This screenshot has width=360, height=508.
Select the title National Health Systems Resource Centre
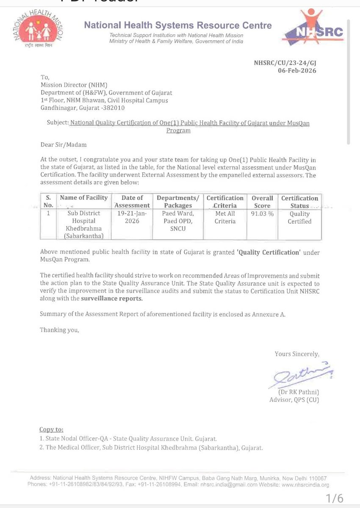178,25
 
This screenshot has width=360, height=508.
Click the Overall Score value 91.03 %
262,214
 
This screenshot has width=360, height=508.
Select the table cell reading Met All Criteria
225,218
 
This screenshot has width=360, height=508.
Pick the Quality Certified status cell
300,218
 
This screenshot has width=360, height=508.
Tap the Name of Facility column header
84,198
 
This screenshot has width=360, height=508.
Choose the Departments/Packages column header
178,202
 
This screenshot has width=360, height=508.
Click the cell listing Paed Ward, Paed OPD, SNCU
178,221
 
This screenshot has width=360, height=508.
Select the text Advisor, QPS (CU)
294,400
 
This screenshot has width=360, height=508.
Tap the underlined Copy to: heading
52,429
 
